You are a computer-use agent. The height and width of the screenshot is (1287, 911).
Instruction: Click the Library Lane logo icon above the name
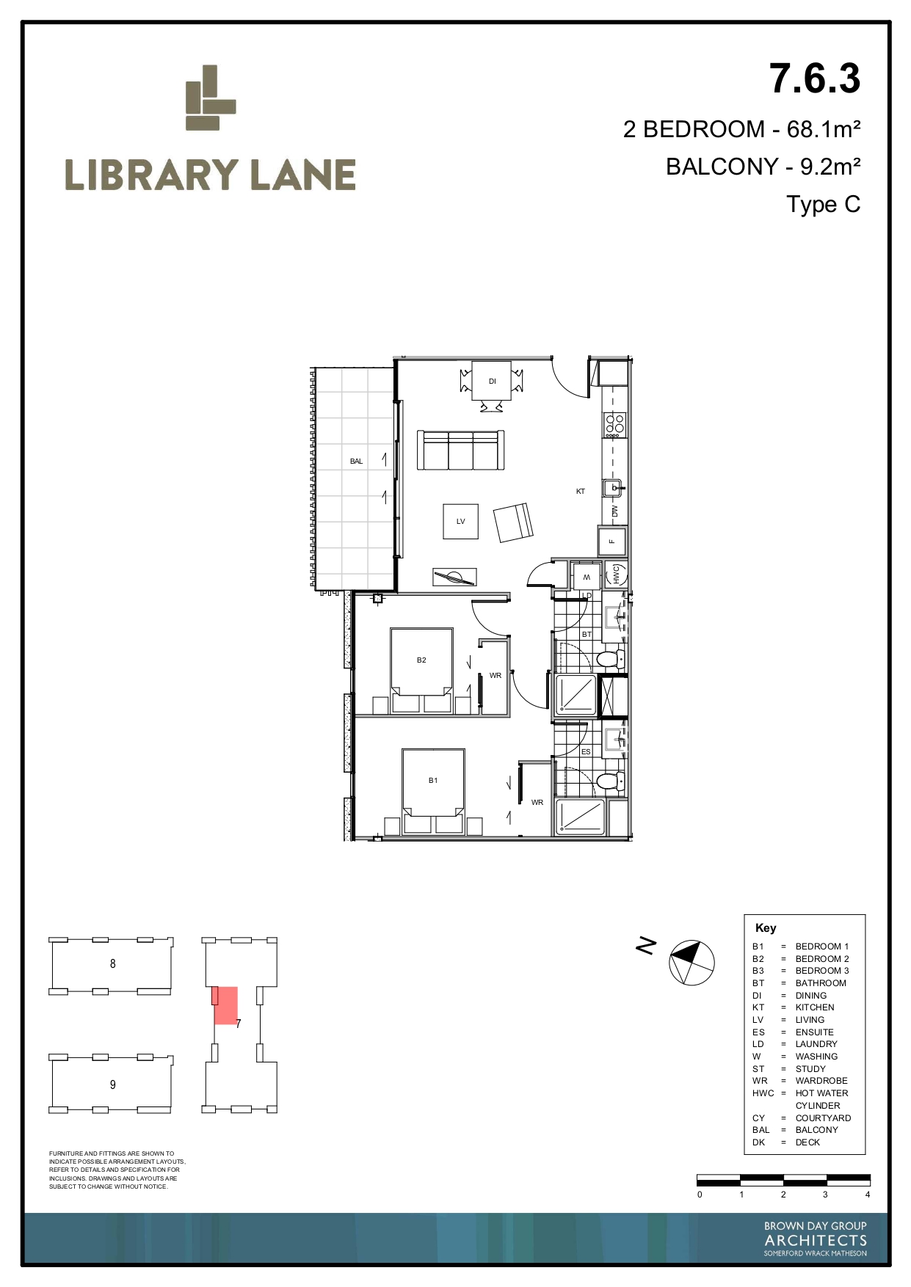point(211,98)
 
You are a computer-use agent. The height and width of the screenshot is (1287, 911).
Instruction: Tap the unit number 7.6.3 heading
point(815,79)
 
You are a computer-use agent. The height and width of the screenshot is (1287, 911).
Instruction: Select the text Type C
point(823,204)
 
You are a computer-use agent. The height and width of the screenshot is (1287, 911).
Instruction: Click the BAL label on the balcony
point(356,461)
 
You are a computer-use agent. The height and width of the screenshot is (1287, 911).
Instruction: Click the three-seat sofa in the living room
point(461,450)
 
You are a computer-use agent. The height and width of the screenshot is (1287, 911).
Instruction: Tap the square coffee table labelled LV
point(461,521)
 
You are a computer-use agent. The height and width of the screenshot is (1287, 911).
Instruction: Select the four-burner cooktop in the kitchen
point(614,424)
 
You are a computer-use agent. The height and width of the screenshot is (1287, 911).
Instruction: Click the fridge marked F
point(612,542)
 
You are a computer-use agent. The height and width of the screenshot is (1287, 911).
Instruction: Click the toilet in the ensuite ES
point(610,781)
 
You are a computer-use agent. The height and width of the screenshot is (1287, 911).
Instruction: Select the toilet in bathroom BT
point(610,659)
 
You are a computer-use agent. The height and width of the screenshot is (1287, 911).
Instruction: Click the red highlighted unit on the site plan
point(225,1005)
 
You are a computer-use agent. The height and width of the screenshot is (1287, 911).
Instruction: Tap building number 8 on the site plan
point(112,963)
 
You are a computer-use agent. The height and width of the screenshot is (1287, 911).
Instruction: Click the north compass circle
point(692,962)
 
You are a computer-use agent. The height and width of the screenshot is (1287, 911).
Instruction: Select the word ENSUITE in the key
point(814,1032)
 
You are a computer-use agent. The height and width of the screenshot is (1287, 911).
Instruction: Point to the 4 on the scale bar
point(867,1195)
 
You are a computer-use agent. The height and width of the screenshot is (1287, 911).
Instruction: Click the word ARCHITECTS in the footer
point(816,1241)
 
